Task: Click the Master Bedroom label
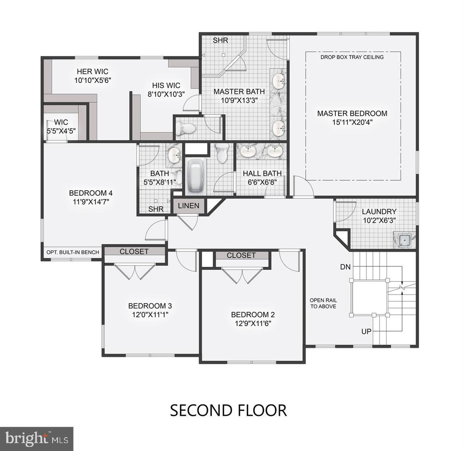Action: [352, 113]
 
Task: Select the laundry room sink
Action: [404, 240]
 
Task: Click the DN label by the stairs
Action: [345, 266]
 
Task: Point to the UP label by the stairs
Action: [367, 331]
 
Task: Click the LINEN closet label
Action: [189, 206]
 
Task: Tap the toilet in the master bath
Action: [184, 129]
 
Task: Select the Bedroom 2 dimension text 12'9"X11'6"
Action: [253, 323]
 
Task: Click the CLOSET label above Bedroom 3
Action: [134, 251]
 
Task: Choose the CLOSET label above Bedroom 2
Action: [241, 255]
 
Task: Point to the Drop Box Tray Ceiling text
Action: [352, 57]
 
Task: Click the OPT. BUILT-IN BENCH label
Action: [73, 252]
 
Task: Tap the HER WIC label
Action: [93, 71]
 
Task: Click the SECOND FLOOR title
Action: [228, 410]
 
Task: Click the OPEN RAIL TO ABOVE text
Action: [323, 303]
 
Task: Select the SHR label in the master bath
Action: [220, 41]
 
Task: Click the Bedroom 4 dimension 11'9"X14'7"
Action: [91, 201]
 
